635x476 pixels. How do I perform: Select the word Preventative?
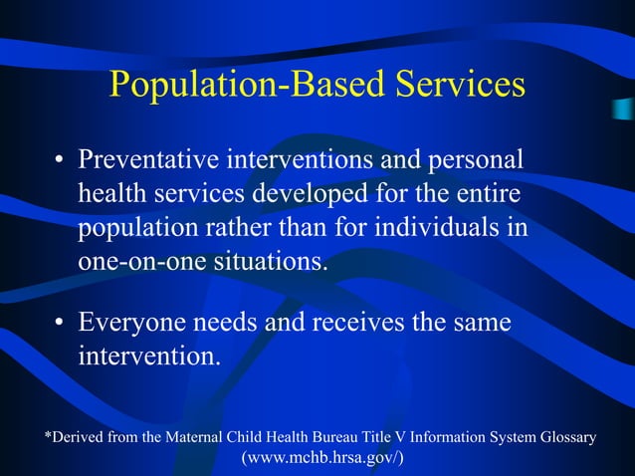point(149,160)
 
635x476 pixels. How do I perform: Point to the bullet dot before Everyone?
point(60,325)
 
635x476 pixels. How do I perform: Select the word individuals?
point(442,226)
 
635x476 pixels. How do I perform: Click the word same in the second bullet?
point(481,323)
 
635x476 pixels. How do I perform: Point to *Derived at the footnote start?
point(73,437)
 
